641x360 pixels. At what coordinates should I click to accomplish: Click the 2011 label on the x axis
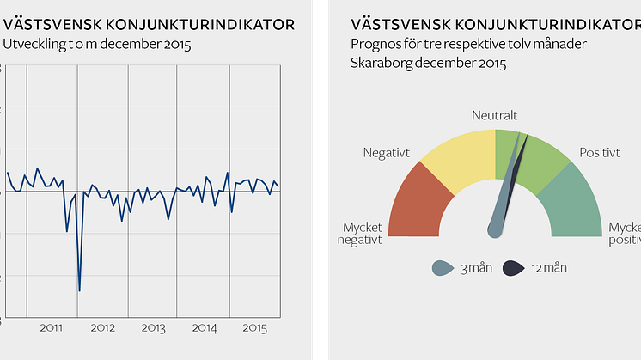[x=52, y=327]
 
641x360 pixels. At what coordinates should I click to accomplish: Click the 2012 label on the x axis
[x=103, y=327]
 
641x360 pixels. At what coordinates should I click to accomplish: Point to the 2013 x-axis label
[x=154, y=327]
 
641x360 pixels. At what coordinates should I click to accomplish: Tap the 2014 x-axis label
[x=205, y=327]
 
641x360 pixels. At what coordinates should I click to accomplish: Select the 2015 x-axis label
[x=254, y=327]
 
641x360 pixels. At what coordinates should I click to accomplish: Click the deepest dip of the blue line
[x=79, y=290]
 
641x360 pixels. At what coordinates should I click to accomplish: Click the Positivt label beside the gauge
[x=600, y=152]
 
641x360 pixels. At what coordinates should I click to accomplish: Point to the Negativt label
[x=387, y=152]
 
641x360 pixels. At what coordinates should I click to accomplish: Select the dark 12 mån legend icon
[x=512, y=268]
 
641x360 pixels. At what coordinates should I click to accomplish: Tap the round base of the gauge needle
[x=495, y=229]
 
